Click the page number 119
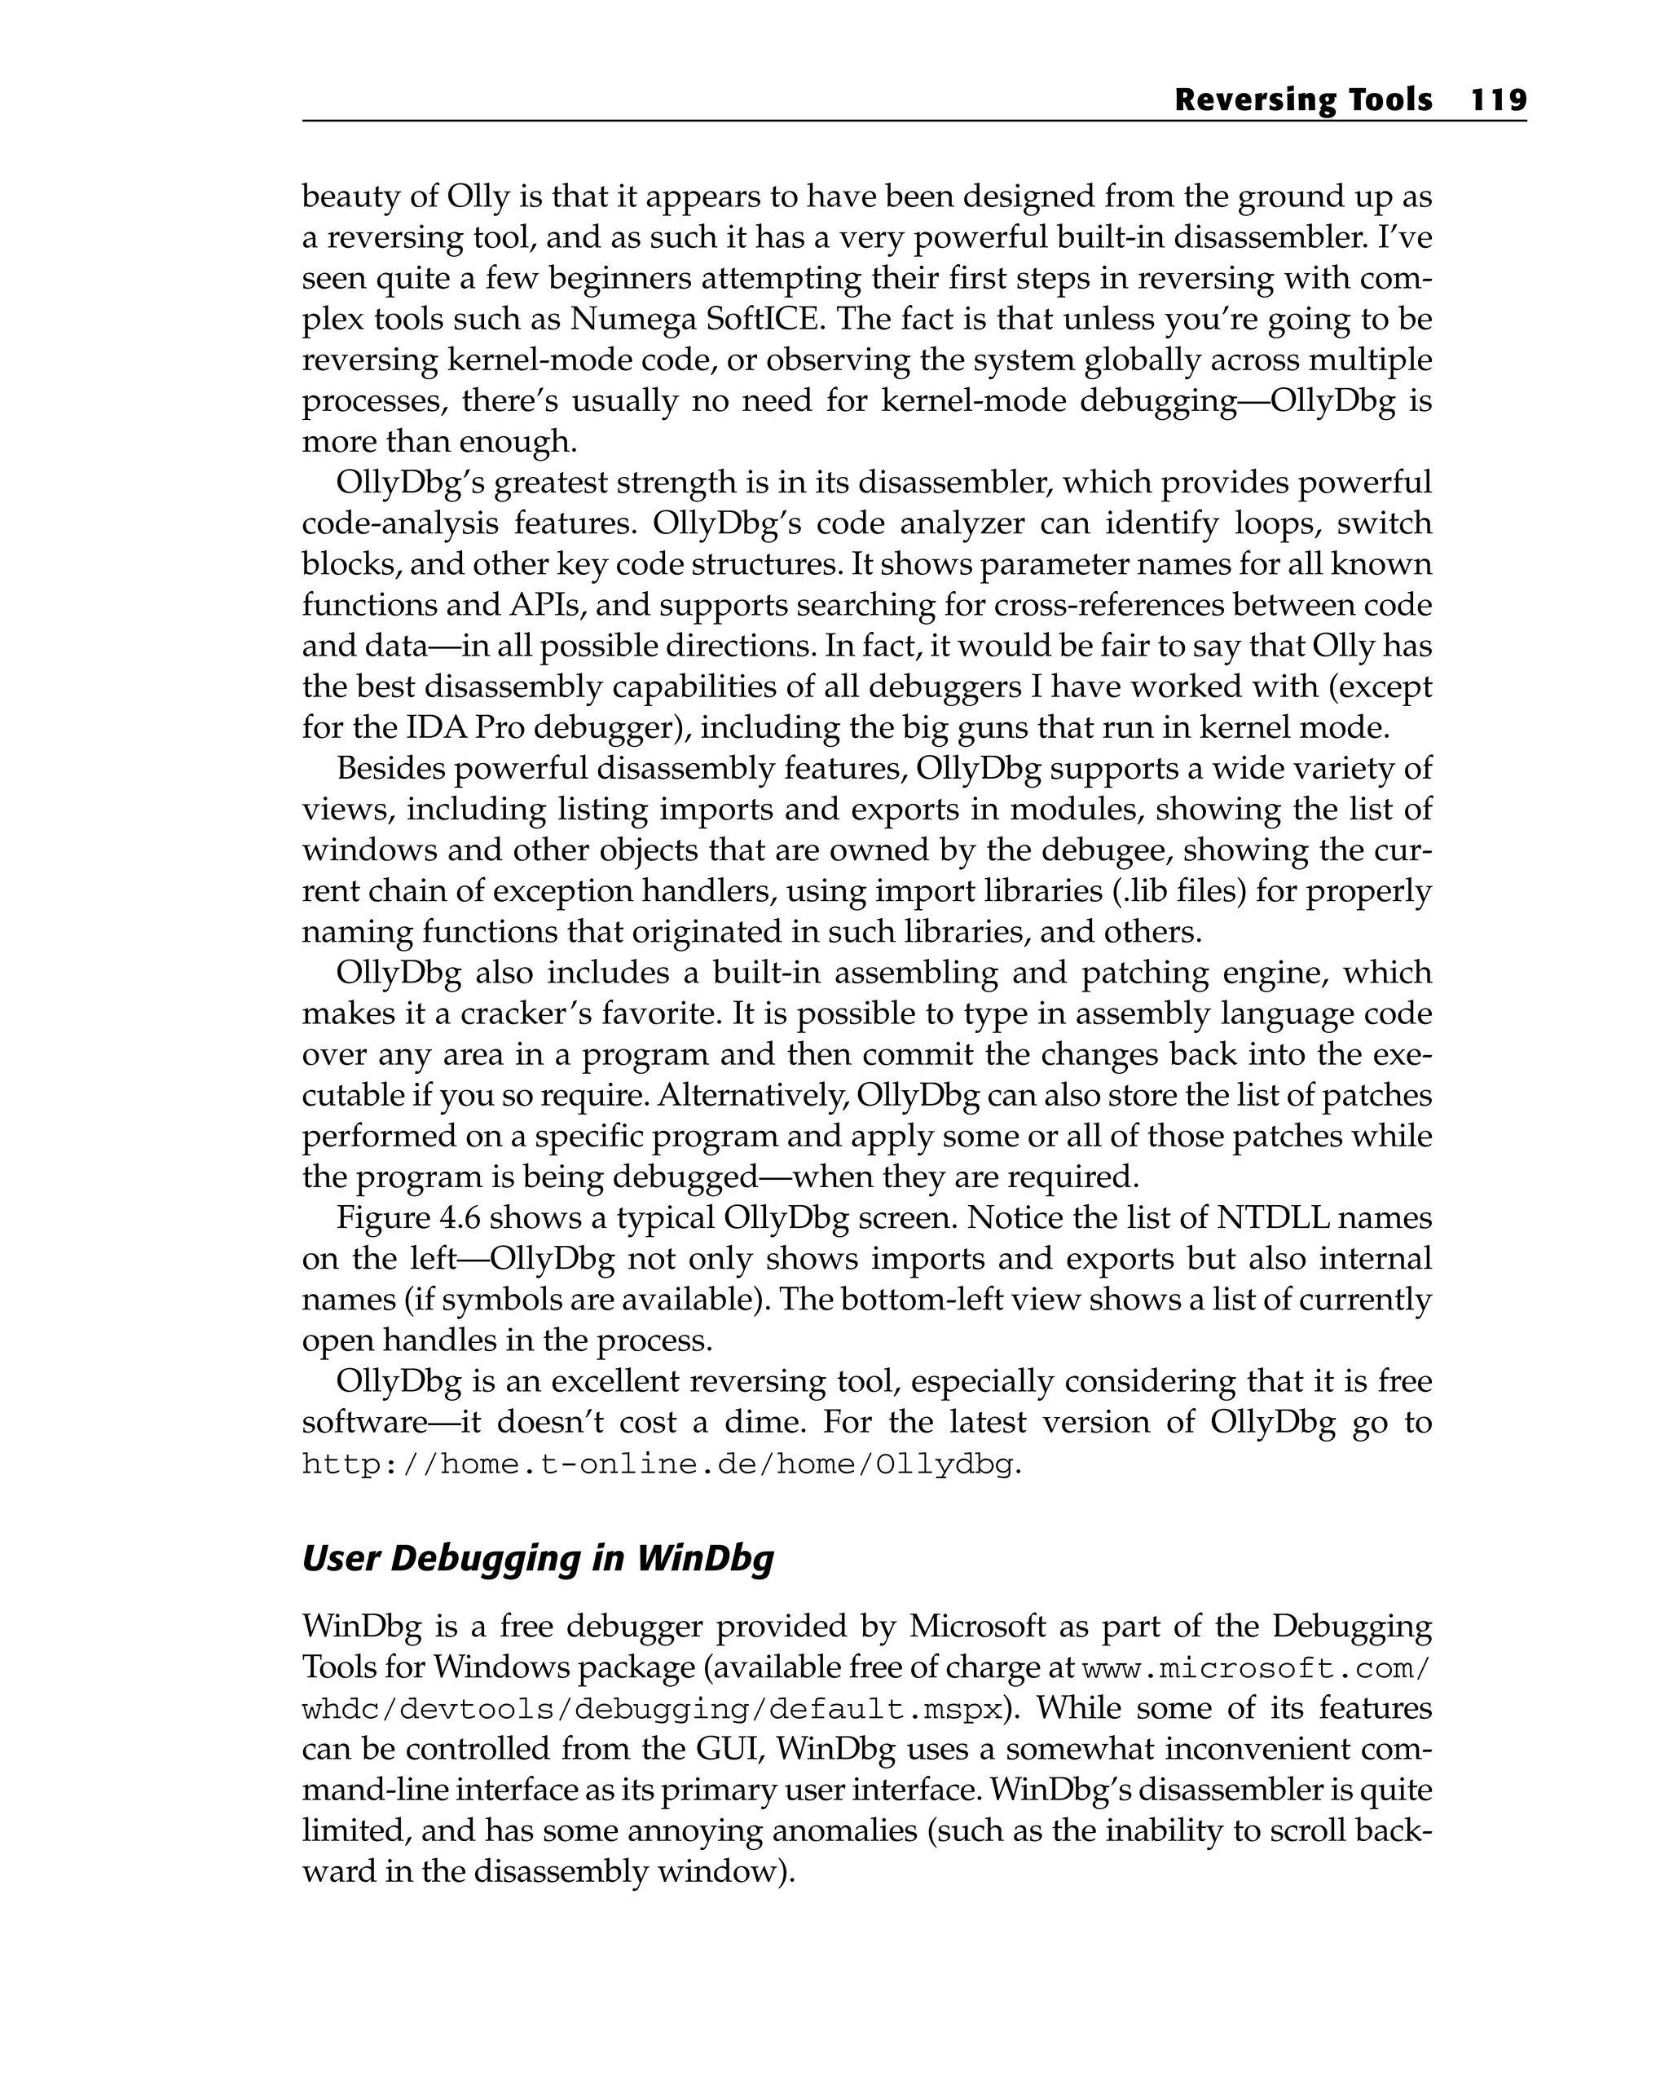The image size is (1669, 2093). pos(1498,100)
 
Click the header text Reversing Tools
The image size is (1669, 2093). pos(1302,100)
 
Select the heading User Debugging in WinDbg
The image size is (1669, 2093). pos(538,1558)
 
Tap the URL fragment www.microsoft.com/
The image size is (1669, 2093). pos(1256,1668)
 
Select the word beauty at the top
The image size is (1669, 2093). pos(350,197)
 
